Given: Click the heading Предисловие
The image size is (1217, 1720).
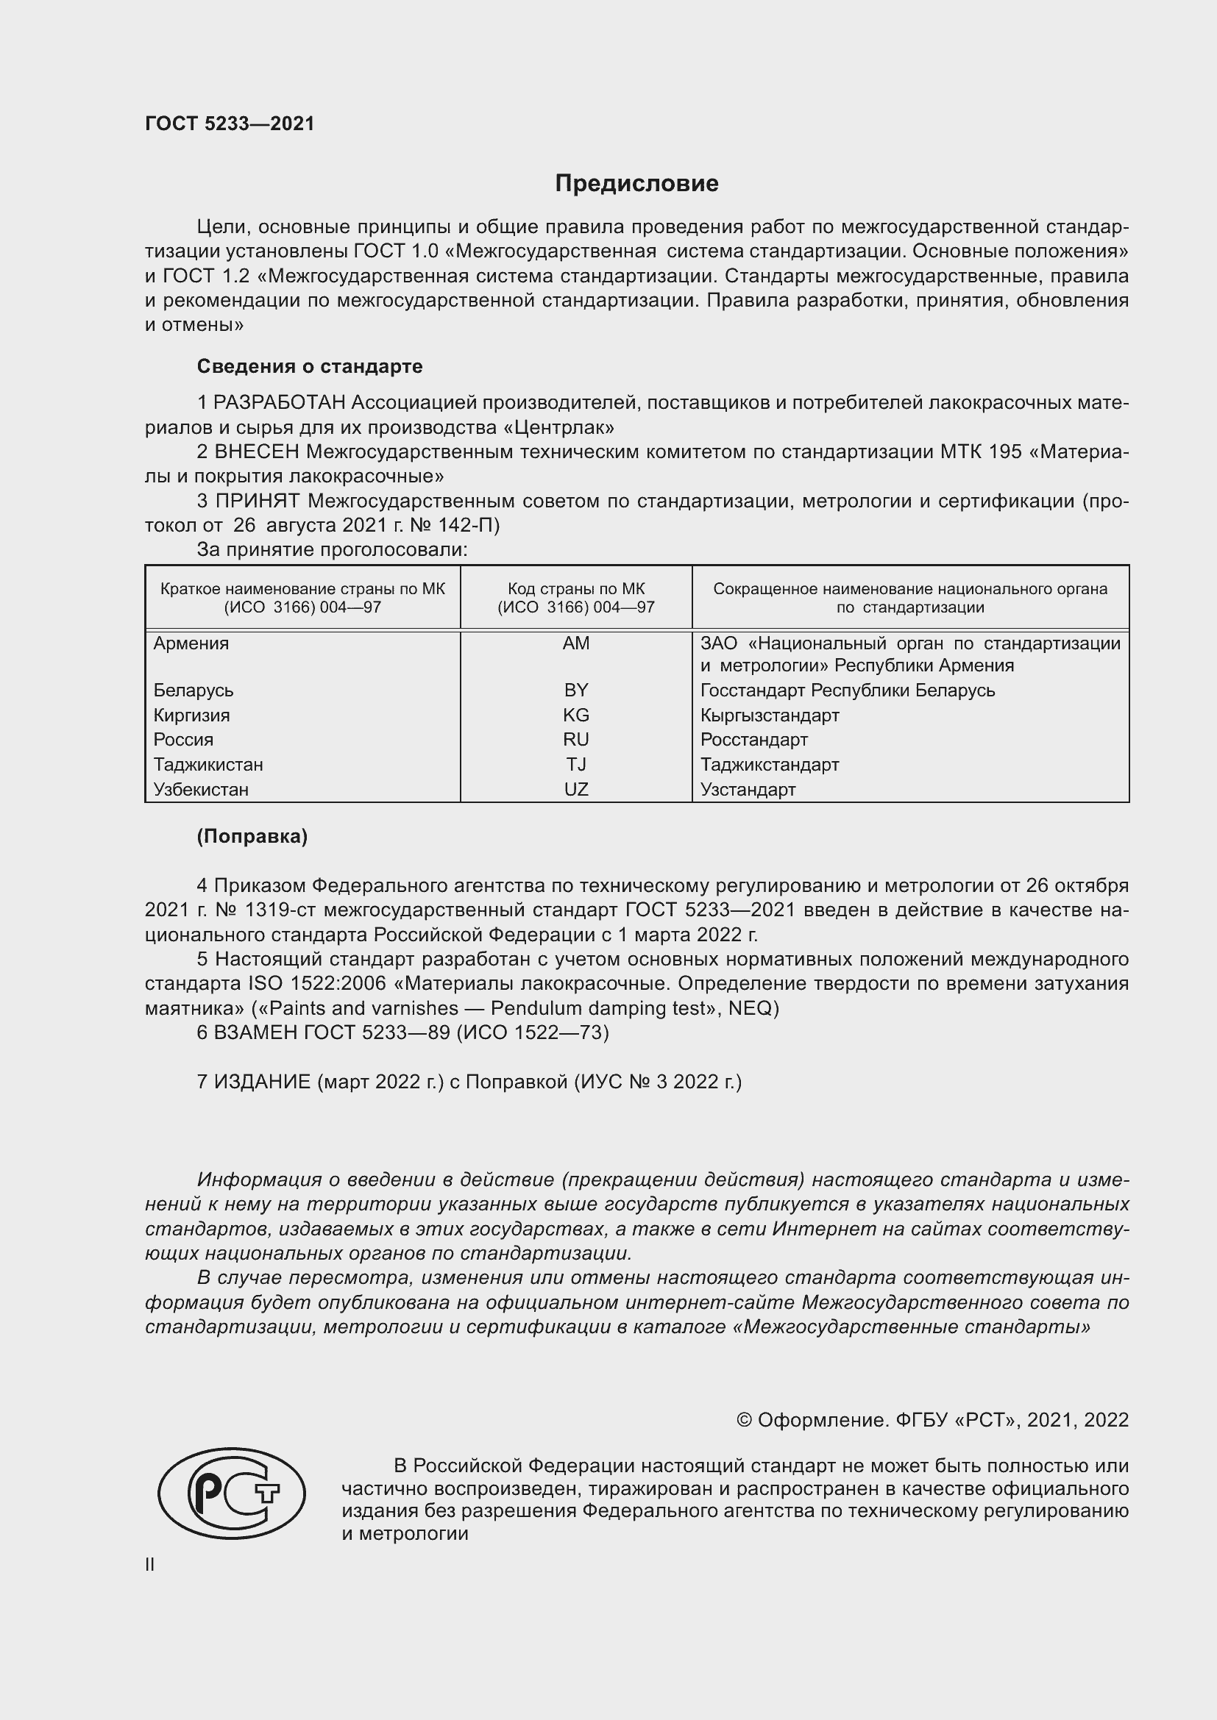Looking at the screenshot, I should tap(636, 184).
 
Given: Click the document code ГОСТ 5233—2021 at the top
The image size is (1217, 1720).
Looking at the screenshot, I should tap(230, 124).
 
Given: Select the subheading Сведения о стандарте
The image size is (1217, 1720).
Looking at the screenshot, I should tap(310, 366).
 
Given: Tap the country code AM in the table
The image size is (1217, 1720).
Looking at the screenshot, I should tap(575, 643).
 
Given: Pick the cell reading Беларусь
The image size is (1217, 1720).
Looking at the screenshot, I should tap(194, 690).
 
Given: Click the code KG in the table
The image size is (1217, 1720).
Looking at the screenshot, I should tap(575, 715).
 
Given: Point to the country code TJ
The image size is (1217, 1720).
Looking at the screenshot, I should tap(575, 764).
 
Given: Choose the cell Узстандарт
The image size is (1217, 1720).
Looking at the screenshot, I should tap(748, 789).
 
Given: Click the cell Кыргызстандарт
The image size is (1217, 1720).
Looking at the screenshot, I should tap(770, 715).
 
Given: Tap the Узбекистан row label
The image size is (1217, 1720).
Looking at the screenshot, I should tap(201, 789).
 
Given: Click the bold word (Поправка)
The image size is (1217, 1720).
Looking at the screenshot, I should tap(252, 836).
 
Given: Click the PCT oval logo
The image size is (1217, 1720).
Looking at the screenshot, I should tap(232, 1492).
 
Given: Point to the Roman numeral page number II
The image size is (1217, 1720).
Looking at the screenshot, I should tap(150, 1564).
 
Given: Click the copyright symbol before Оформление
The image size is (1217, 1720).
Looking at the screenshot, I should tap(744, 1421).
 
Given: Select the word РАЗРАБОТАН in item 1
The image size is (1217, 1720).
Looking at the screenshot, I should tap(279, 403).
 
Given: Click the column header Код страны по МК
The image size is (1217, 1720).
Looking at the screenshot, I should tap(575, 590).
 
